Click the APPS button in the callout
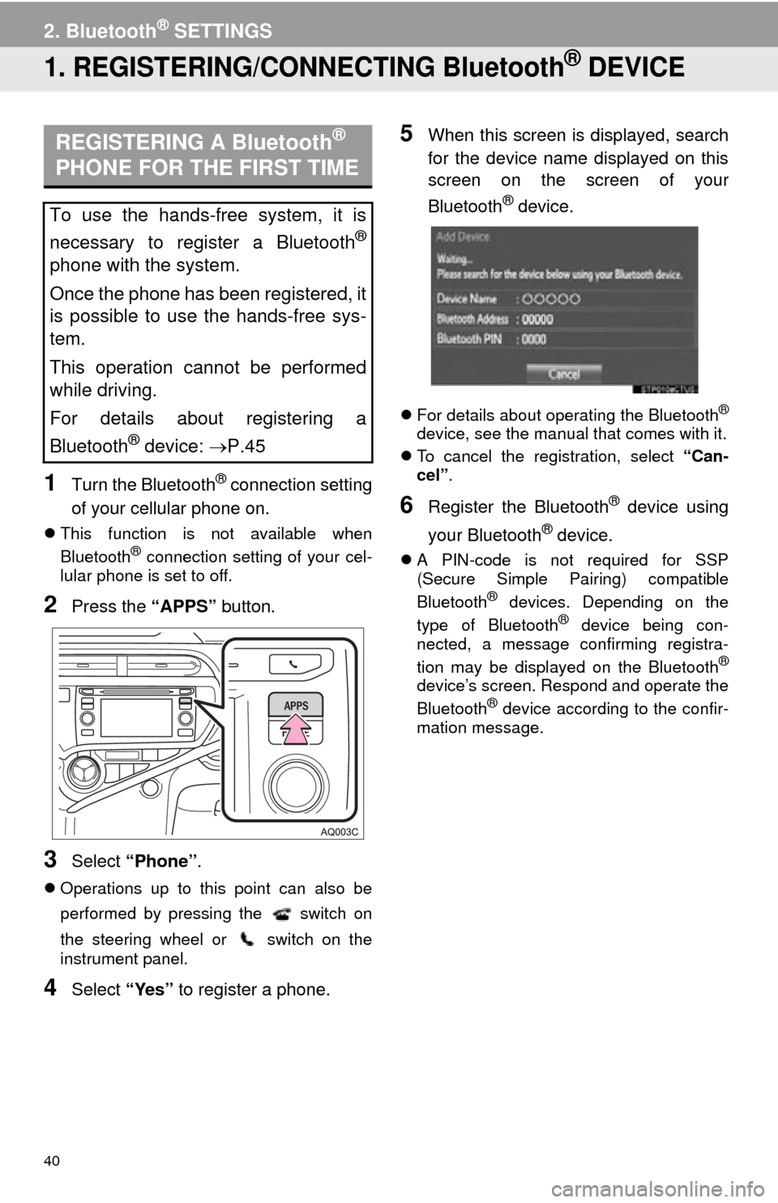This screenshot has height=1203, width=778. (x=296, y=705)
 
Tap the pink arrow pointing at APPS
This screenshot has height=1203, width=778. (x=297, y=730)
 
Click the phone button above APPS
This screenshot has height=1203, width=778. (x=293, y=663)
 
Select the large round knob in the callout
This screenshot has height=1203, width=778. (x=301, y=785)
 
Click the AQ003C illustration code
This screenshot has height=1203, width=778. (x=339, y=832)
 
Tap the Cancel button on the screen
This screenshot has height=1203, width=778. (x=564, y=374)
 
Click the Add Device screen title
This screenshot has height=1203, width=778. (x=463, y=237)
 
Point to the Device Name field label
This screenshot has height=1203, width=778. (x=467, y=298)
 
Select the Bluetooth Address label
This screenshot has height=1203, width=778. (x=472, y=319)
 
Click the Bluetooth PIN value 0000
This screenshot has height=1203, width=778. (x=534, y=339)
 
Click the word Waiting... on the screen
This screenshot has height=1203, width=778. (x=454, y=259)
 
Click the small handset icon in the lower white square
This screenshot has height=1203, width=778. (x=247, y=940)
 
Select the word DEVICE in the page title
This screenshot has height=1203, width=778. (x=636, y=67)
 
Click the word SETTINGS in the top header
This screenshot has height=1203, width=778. (x=223, y=32)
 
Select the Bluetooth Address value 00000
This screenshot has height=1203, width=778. (x=537, y=319)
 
